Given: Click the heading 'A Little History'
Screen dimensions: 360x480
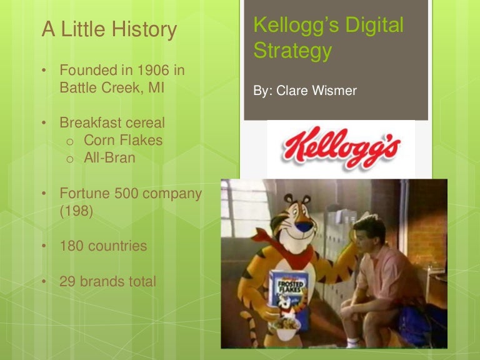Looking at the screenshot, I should [x=109, y=29].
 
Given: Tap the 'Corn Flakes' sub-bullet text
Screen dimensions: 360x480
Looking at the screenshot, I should [x=123, y=141].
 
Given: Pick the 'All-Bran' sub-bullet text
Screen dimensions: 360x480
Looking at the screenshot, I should [x=109, y=158].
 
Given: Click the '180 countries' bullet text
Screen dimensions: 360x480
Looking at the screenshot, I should [x=103, y=246].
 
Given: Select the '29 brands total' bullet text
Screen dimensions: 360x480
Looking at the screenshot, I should [x=107, y=282].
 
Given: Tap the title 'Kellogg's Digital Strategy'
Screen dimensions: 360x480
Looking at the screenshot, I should [x=328, y=37].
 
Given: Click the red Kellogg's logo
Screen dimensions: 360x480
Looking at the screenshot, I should [x=341, y=149].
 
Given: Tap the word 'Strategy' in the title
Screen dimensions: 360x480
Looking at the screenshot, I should [x=292, y=51].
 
